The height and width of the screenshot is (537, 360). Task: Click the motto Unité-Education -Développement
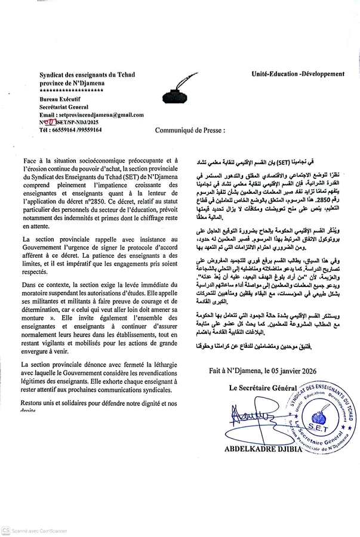click(x=298, y=74)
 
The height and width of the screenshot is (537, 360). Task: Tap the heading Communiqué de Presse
click(x=190, y=129)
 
